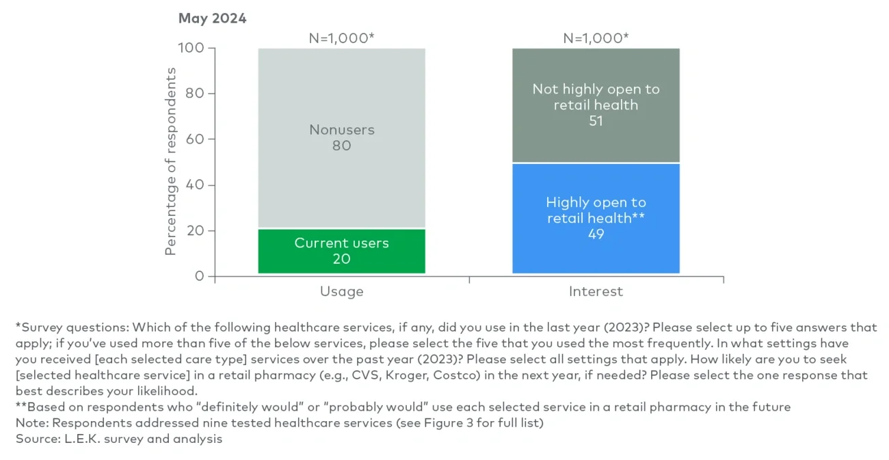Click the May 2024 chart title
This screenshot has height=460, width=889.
[212, 18]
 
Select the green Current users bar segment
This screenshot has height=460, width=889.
[341, 251]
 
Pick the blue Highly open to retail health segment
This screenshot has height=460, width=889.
[596, 219]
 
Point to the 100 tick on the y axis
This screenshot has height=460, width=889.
[192, 49]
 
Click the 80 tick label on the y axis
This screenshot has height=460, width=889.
[196, 94]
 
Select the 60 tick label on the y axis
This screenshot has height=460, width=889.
[196, 139]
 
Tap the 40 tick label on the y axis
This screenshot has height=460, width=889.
[196, 185]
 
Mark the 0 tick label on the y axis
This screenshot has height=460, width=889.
[200, 277]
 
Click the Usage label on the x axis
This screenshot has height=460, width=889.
[341, 292]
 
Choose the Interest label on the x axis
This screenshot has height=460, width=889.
[596, 292]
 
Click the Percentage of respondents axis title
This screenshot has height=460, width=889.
[171, 161]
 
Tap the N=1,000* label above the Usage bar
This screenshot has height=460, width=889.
[341, 38]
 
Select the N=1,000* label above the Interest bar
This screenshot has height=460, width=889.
[596, 38]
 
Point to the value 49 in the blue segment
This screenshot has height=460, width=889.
[596, 234]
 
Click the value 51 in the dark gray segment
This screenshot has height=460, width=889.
[596, 121]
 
